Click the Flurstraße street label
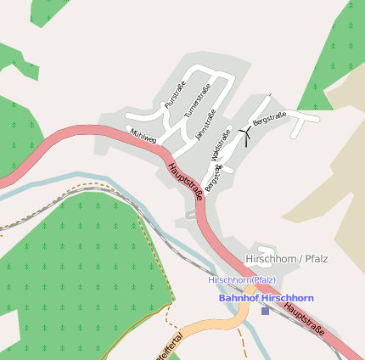coord(174,94)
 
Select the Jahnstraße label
coord(206,123)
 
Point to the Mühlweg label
coord(143,135)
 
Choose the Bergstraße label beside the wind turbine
coord(270,120)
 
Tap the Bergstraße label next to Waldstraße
coord(213,178)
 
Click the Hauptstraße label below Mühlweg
coord(185,181)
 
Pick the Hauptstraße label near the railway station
coord(305,323)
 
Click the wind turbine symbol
coord(246,134)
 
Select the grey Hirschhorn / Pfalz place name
coord(286,258)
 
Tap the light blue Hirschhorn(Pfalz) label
coord(242,279)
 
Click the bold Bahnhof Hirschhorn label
coord(266,298)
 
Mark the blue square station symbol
coord(265,311)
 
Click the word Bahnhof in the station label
coord(239,298)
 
